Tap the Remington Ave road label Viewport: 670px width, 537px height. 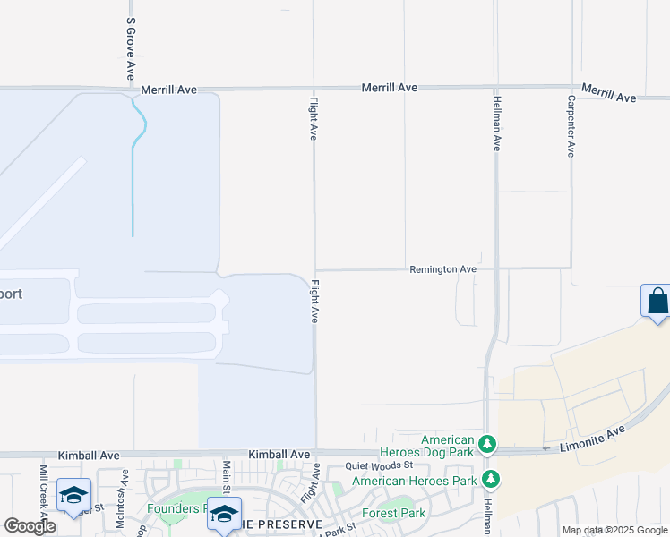coord(442,268)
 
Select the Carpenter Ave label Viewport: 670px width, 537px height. coord(571,126)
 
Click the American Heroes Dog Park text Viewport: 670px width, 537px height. coord(448,446)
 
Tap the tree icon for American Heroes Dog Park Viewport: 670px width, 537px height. coord(486,443)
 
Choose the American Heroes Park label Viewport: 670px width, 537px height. coord(414,481)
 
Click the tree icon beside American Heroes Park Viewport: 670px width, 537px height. coord(489,479)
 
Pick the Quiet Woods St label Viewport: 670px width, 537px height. coord(379,465)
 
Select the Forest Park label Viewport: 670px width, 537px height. coord(393,513)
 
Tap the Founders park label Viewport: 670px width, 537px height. coord(174,508)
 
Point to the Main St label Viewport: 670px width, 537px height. coord(227,479)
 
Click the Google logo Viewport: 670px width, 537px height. coord(30,526)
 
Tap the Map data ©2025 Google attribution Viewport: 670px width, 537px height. coord(615,530)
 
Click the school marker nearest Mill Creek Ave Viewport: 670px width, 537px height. coord(73,495)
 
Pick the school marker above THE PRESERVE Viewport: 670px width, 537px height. coord(223,513)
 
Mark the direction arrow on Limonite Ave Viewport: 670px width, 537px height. coord(545,447)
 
